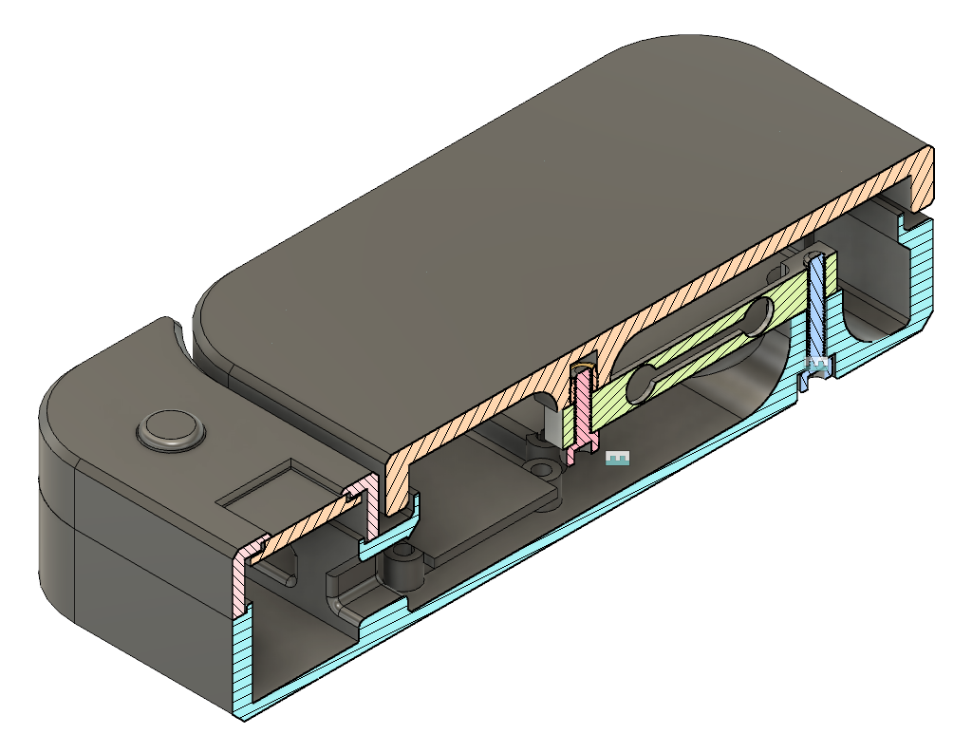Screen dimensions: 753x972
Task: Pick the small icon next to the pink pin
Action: tap(618, 459)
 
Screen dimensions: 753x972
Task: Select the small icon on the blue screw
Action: tap(817, 363)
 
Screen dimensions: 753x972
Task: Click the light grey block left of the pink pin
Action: tap(553, 424)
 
